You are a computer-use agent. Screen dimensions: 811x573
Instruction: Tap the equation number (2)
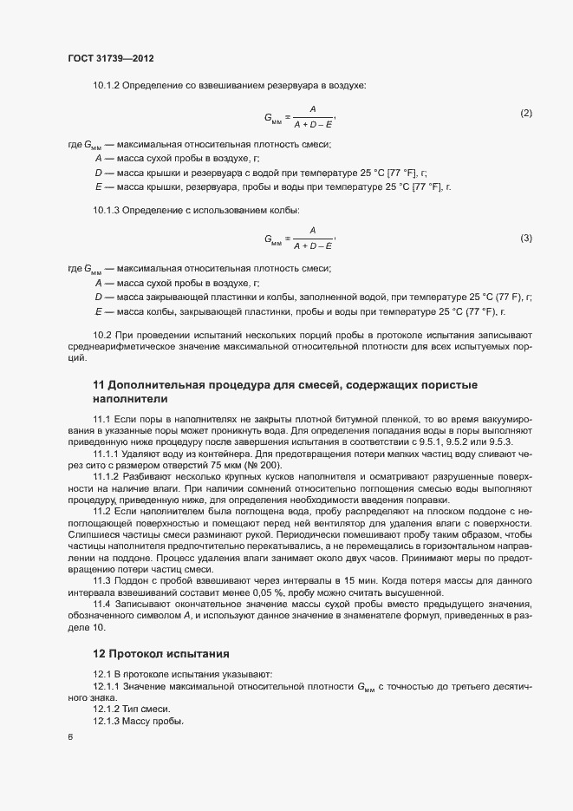point(525,114)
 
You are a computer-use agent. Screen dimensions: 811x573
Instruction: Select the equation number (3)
point(525,238)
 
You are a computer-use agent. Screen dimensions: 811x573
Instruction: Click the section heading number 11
point(98,384)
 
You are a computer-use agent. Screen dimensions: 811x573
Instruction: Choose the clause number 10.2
point(102,335)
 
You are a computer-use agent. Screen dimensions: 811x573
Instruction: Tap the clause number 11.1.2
point(107,476)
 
